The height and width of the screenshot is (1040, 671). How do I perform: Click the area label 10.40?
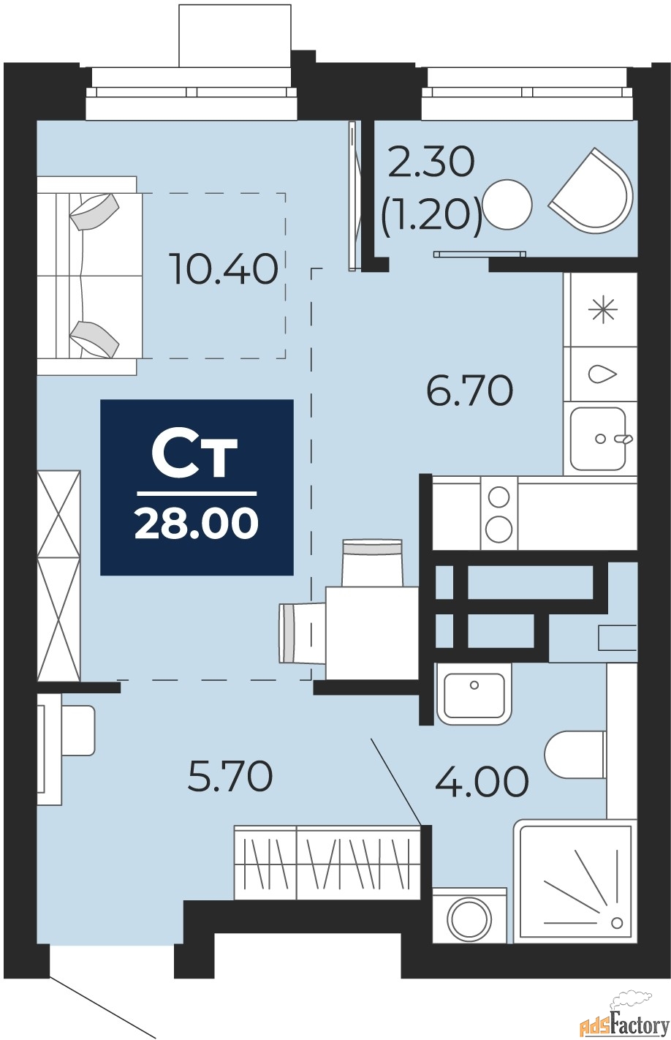[x=223, y=268]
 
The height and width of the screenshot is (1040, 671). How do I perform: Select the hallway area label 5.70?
[x=230, y=776]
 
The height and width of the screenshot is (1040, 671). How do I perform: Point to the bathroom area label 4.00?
[x=482, y=781]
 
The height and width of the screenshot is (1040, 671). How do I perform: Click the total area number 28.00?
[x=196, y=524]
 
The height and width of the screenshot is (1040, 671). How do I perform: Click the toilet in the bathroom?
[x=575, y=755]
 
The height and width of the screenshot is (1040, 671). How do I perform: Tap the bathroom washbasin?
[x=474, y=693]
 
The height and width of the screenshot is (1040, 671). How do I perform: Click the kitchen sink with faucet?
[x=599, y=439]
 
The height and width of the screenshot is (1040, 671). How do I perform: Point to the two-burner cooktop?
[x=498, y=513]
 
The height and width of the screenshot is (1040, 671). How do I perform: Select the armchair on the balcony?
[x=593, y=192]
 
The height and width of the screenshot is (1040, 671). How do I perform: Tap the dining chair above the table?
[x=372, y=561]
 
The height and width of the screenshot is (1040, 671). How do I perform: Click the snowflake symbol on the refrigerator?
[x=604, y=310]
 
